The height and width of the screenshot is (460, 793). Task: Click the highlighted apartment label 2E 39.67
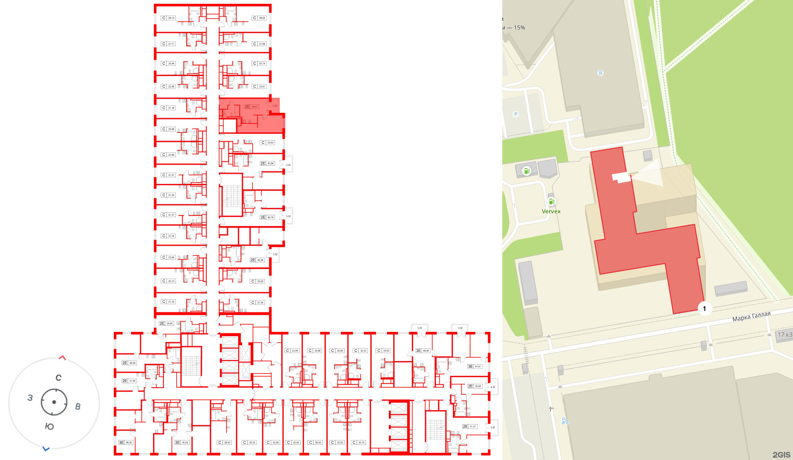pyautogui.click(x=251, y=107)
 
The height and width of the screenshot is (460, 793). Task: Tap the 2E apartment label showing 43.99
pyautogui.click(x=267, y=163)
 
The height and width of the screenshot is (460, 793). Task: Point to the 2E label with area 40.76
pyautogui.click(x=267, y=217)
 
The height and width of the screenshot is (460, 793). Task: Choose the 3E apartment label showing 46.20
pyautogui.click(x=126, y=442)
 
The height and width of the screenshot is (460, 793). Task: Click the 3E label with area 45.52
pyautogui.click(x=182, y=442)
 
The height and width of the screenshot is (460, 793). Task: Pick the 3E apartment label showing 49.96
pyautogui.click(x=423, y=350)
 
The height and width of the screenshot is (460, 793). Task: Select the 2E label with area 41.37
pyautogui.click(x=469, y=426)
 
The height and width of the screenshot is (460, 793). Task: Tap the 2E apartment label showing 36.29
pyautogui.click(x=129, y=363)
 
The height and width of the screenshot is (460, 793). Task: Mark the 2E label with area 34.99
pyautogui.click(x=166, y=323)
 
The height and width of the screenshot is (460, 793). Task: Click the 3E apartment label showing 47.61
pyautogui.click(x=475, y=366)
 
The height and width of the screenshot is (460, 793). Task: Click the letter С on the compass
pyautogui.click(x=59, y=378)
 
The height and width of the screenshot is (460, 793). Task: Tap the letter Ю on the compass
pyautogui.click(x=50, y=426)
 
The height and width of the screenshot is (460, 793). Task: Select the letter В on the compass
pyautogui.click(x=78, y=406)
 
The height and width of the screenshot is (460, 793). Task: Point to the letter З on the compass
pyautogui.click(x=30, y=398)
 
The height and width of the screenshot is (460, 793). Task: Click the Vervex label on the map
pyautogui.click(x=551, y=211)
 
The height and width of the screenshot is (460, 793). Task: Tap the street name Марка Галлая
pyautogui.click(x=751, y=317)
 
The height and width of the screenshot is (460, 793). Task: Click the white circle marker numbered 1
pyautogui.click(x=704, y=309)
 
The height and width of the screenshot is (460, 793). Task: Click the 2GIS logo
pyautogui.click(x=781, y=455)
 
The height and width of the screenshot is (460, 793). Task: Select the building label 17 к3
pyautogui.click(x=784, y=335)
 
